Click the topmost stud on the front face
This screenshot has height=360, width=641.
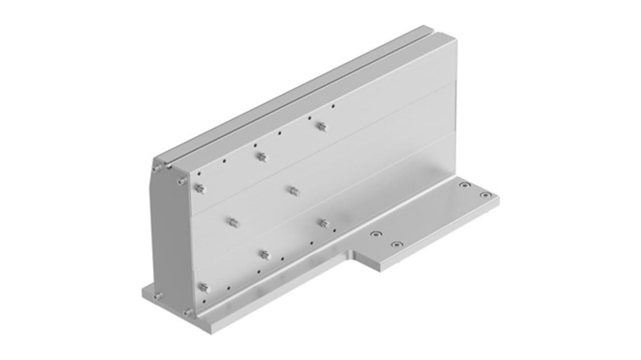[x=321, y=127]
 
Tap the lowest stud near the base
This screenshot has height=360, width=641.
[x=204, y=287]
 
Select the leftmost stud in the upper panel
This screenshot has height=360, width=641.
[x=200, y=189]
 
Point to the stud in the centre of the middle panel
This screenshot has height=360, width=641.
[x=293, y=191]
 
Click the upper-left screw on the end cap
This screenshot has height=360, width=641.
[x=156, y=168]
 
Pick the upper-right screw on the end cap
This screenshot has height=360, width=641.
[x=182, y=181]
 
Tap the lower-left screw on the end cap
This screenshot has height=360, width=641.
[x=158, y=296]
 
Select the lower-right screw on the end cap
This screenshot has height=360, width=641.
[x=188, y=312]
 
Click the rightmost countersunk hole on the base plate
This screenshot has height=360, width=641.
[x=485, y=195]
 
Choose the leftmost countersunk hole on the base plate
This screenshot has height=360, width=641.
[x=375, y=234]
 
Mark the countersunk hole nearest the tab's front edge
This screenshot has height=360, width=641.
[x=396, y=245]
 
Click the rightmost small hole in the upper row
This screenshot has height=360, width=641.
[x=333, y=106]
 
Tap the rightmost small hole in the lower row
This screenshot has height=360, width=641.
[x=334, y=231]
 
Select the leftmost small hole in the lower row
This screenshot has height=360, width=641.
[x=204, y=301]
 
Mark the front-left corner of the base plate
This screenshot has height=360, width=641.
[x=199, y=333]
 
